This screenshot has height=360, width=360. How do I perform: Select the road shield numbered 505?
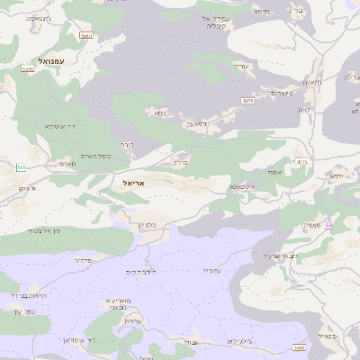click(x=21, y=168)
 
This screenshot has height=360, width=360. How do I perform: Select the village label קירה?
click(x=128, y=144)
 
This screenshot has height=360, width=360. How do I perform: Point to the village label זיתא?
click(x=159, y=113)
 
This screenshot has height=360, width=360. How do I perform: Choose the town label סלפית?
click(x=149, y=225)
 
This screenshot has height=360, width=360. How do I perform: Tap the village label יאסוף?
click(x=274, y=171)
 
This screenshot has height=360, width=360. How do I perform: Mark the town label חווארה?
click(x=311, y=83)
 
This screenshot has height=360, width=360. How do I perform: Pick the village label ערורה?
click(x=133, y=320)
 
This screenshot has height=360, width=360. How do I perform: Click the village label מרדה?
click(x=179, y=164)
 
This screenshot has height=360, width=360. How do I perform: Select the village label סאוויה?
click(x=313, y=225)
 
